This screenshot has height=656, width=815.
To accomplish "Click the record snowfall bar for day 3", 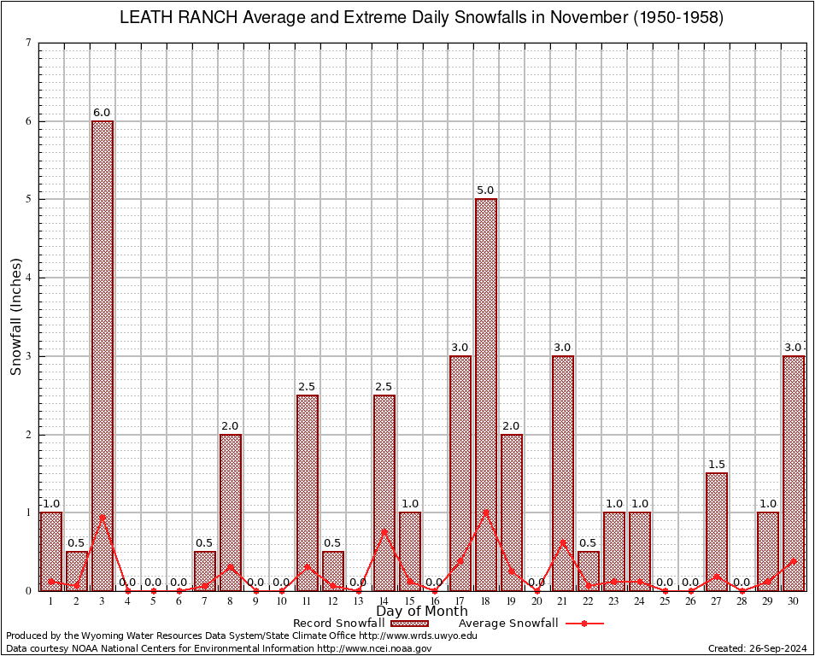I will coord(103,355).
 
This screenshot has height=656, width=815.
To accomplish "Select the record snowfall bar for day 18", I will coord(486,394).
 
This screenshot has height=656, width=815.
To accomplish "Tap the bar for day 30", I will coord(794,472).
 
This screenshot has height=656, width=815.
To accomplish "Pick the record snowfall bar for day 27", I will coord(717,531).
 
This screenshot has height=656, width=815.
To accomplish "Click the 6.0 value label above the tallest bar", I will coord(103,113).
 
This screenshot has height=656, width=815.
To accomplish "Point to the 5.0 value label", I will coord(486,190).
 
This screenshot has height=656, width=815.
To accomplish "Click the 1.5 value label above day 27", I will coord(717,465).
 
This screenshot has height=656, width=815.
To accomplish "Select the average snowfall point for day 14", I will coord(384,530).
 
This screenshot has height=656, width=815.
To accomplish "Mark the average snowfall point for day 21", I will coord(563,542).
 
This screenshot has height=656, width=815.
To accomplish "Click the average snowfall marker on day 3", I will coord(103,516).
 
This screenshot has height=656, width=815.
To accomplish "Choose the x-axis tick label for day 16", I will coord(435,601).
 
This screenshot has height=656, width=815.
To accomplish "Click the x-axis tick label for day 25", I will coord(665,601).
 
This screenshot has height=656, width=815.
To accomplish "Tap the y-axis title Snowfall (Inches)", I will coord(16,316).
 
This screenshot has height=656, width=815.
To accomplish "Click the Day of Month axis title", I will coord(422,612).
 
